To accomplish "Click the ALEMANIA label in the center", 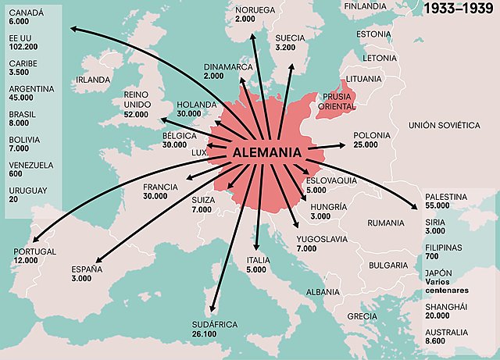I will [x=267, y=153].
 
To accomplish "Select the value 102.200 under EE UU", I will [x=21, y=46].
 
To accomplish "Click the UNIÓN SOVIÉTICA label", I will [x=444, y=125].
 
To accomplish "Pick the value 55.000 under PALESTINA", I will [x=437, y=205].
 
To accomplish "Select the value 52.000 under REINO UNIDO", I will [x=136, y=115].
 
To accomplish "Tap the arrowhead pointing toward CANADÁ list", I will [x=70, y=29].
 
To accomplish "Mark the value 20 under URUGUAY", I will [x=13, y=200].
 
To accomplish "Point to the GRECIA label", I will [x=362, y=315].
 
